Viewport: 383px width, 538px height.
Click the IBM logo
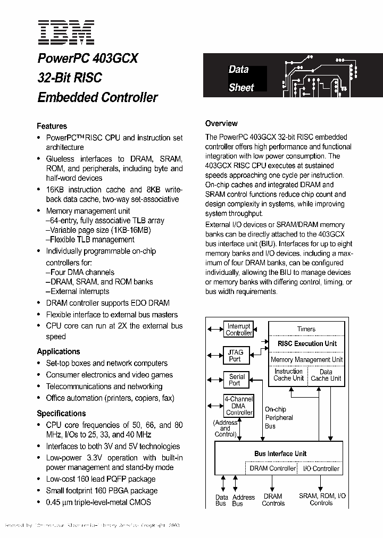tap(66, 32)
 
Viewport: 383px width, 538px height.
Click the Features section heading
tap(52, 126)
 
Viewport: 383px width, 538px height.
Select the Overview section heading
tap(221, 123)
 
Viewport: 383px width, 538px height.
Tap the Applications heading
tap(59, 351)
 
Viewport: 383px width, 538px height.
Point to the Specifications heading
tap(61, 413)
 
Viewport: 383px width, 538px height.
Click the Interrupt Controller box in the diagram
tap(239, 330)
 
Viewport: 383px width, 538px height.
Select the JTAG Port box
tap(235, 355)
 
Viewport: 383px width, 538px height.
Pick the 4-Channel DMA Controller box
tap(239, 406)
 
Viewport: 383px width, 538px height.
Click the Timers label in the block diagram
tap(306, 329)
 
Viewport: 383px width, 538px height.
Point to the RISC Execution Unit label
tap(307, 344)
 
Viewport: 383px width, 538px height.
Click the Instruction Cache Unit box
tap(288, 375)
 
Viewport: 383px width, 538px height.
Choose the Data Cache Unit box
tap(326, 375)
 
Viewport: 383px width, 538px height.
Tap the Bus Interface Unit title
tap(280, 453)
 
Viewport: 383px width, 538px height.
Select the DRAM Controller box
tap(272, 468)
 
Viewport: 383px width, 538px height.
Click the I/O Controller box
tap(321, 468)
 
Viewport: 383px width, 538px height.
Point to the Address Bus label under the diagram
tap(244, 500)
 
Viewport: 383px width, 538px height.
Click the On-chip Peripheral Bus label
tap(279, 417)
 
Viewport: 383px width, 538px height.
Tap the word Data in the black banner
tap(239, 69)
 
